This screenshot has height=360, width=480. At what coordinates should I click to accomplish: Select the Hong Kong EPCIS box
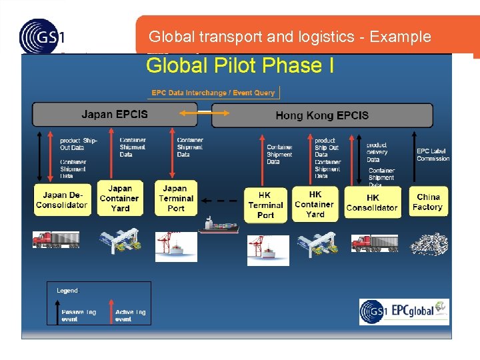coord(322,115)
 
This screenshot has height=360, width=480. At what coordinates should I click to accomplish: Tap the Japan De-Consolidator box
coord(61,200)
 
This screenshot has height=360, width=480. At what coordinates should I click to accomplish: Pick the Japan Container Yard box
coord(119,199)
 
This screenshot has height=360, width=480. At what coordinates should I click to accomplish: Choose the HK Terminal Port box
coord(265,205)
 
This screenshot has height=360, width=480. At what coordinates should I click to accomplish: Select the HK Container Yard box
coord(315,203)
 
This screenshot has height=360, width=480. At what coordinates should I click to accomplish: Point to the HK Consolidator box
coord(372,203)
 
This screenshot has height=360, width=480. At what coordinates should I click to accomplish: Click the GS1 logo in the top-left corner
coord(42,36)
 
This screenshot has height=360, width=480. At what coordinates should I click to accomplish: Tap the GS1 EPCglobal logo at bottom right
coord(404,311)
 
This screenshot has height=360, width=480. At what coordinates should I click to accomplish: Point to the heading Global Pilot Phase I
coord(240,65)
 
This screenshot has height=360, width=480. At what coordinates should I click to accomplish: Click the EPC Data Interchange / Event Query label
coord(213,93)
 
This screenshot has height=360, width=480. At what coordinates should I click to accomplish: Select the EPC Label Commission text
coord(433,155)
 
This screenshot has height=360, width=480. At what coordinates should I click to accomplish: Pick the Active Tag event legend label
coord(130,315)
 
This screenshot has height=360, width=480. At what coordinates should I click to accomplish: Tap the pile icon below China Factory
coord(428,245)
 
